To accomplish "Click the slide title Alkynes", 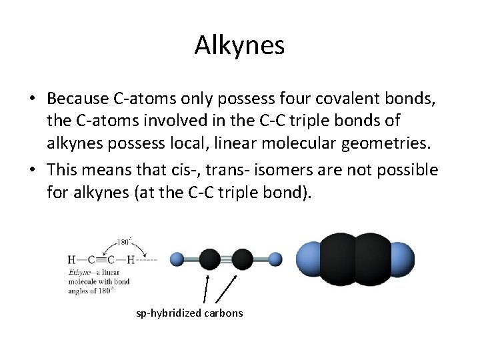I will click(240, 45).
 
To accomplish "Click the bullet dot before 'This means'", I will click(32, 169).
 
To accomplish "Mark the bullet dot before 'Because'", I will click(32, 98).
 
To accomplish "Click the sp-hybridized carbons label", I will click(189, 313).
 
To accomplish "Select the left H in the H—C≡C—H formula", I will click(71, 259).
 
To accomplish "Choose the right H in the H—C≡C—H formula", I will click(132, 259).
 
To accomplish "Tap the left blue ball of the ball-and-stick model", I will click(177, 259).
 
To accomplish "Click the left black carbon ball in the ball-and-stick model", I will click(209, 259).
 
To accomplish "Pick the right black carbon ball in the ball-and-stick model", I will click(242, 259).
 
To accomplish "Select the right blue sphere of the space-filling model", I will click(401, 259).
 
